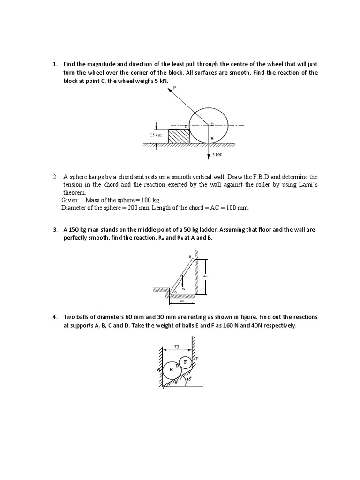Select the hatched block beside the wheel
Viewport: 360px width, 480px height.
(x=179, y=136)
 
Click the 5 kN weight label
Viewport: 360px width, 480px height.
(x=217, y=154)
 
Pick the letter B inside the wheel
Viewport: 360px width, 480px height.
(x=212, y=139)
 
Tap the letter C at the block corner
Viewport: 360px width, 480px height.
(x=186, y=127)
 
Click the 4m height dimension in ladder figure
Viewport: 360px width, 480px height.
(x=205, y=276)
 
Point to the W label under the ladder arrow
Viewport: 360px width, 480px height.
(x=183, y=289)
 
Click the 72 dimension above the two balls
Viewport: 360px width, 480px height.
(x=177, y=346)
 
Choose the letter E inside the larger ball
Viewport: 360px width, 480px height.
(x=171, y=369)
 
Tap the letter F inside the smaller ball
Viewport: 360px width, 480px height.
(x=186, y=362)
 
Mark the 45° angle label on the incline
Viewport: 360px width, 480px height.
(x=189, y=380)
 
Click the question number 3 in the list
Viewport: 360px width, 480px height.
(x=54, y=230)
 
